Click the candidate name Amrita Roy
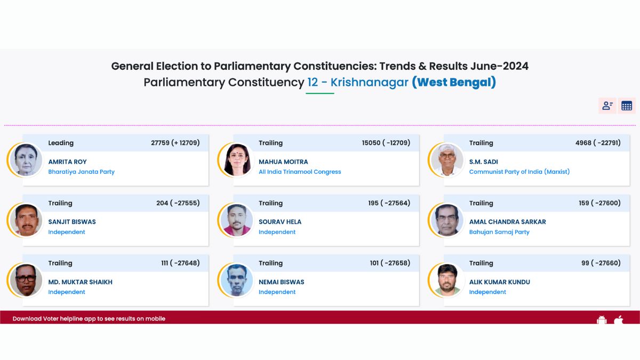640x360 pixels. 67,162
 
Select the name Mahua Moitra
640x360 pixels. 283,162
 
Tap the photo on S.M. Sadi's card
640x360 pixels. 447,160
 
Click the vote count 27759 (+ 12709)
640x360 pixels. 175,143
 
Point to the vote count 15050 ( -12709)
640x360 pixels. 386,143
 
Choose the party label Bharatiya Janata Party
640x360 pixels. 82,172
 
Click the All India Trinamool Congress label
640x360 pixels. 300,172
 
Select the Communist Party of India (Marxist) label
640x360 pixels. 519,172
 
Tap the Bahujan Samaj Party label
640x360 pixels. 499,232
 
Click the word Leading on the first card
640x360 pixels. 61,143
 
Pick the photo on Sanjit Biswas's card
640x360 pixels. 26,220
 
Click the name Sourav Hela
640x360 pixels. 280,222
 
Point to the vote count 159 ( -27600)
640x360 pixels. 599,203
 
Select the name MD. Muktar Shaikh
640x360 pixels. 81,282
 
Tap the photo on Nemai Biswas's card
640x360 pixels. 237,281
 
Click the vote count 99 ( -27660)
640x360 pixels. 601,263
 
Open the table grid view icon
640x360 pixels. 627,106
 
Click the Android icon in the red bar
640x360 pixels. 602,319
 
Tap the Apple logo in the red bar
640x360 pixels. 619,319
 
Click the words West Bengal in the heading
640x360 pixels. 454,82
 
